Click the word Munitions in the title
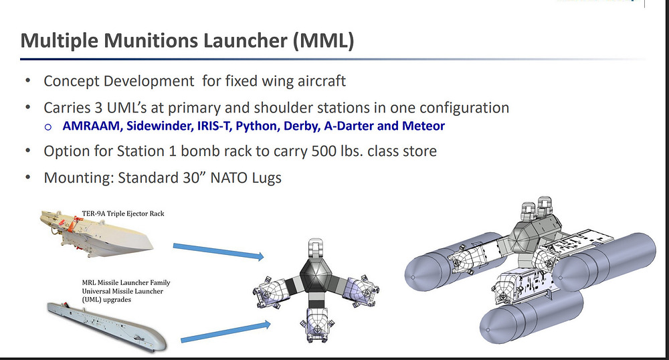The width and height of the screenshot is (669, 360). (151, 41)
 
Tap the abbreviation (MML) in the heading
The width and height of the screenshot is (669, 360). (323, 41)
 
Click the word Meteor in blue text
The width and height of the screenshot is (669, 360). (423, 126)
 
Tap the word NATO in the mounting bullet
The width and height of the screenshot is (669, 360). (227, 177)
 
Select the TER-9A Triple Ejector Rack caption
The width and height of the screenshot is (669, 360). (123, 213)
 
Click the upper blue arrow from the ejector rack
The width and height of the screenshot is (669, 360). (219, 251)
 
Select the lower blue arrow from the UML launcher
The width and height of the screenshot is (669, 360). (225, 332)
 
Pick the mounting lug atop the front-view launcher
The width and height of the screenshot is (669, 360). (315, 248)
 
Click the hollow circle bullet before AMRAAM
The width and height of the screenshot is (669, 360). (48, 126)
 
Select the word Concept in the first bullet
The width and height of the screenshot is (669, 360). (72, 81)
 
